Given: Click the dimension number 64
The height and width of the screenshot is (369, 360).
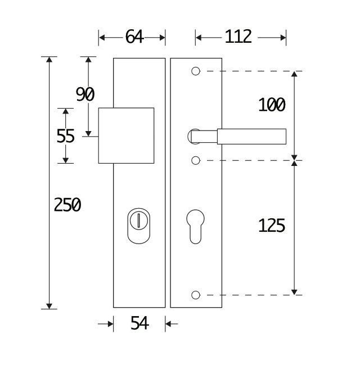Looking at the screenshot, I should (x=134, y=37).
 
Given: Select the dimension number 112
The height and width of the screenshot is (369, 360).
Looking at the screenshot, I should (x=238, y=37).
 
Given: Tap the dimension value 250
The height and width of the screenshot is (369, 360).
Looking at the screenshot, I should (x=67, y=205).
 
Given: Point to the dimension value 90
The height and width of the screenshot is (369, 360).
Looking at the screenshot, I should (x=85, y=94).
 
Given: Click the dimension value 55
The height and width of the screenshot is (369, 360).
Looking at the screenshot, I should (x=66, y=136).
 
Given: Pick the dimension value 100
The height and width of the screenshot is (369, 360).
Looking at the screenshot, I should (x=272, y=105).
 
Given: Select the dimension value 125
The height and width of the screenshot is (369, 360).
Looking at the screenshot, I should (x=272, y=226).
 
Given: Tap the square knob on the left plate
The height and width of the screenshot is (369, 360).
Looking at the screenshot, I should (x=126, y=136).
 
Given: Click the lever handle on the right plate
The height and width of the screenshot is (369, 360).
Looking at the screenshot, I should (x=251, y=136).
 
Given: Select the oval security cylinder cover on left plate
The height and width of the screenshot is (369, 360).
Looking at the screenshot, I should (x=138, y=225).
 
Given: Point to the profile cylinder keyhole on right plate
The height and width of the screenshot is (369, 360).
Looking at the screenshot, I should (x=195, y=225).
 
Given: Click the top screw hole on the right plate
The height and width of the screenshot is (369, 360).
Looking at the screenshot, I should (x=195, y=71).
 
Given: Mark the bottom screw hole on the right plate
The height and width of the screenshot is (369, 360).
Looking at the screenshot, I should (x=195, y=295).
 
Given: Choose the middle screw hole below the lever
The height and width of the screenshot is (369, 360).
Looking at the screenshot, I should (x=195, y=161).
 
